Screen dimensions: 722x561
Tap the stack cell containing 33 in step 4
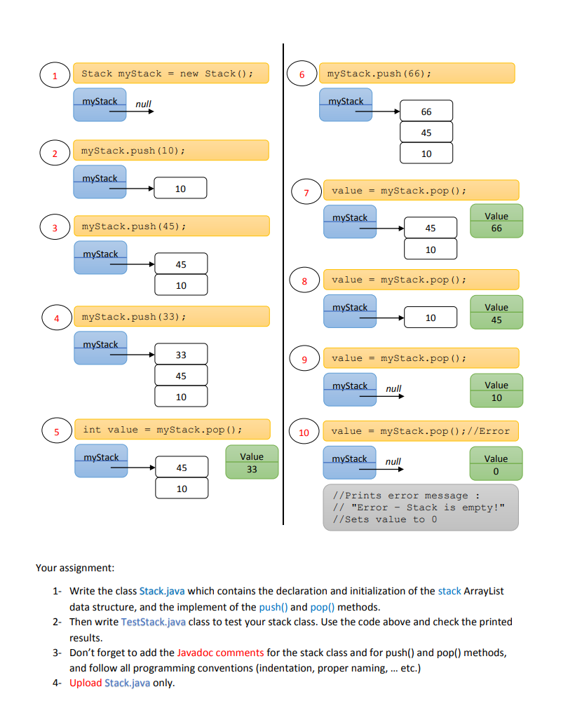click(181, 355)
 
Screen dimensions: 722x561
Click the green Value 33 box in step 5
click(252, 463)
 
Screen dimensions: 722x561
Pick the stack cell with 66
click(426, 111)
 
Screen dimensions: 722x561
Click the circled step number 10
click(304, 432)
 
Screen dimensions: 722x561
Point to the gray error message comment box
click(420, 507)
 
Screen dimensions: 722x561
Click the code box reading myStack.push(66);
click(417, 73)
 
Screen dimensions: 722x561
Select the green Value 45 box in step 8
click(496, 313)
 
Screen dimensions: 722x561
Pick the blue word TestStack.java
click(154, 622)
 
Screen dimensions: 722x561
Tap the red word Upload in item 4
click(85, 683)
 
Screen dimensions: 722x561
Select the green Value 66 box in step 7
click(496, 222)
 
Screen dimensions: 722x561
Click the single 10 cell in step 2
click(181, 188)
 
